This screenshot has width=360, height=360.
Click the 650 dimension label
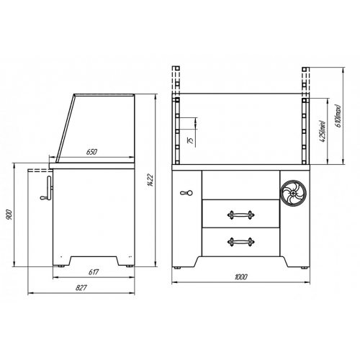point(91,152)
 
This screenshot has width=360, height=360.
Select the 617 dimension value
point(94,272)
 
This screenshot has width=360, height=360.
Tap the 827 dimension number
point(81,287)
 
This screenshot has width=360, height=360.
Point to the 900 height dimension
point(9,215)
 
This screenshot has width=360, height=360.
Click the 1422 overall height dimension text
point(150,180)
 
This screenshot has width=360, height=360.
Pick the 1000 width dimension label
point(240,277)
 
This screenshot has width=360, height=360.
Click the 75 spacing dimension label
point(191,140)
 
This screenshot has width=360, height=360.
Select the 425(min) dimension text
point(323,131)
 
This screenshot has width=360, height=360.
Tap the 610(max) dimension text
point(338,116)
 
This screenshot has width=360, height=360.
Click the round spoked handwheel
point(294,193)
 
